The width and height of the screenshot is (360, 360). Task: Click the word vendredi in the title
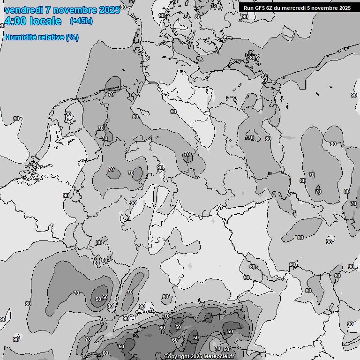[x=23, y=10]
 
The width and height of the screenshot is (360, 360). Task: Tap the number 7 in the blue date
[x=48, y=10]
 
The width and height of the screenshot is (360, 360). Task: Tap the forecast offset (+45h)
[x=81, y=22]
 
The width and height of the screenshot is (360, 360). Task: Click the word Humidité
[x=20, y=37]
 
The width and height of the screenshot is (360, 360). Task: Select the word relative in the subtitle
[x=51, y=37]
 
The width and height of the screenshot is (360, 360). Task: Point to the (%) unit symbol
[x=72, y=37]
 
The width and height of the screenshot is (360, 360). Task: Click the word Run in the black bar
[x=249, y=8]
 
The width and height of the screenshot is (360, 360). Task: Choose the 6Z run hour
[x=272, y=8]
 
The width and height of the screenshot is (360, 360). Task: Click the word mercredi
[x=296, y=8]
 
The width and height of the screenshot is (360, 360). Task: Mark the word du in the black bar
[x=281, y=8]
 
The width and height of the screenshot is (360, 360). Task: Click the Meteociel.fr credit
[x=225, y=357]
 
